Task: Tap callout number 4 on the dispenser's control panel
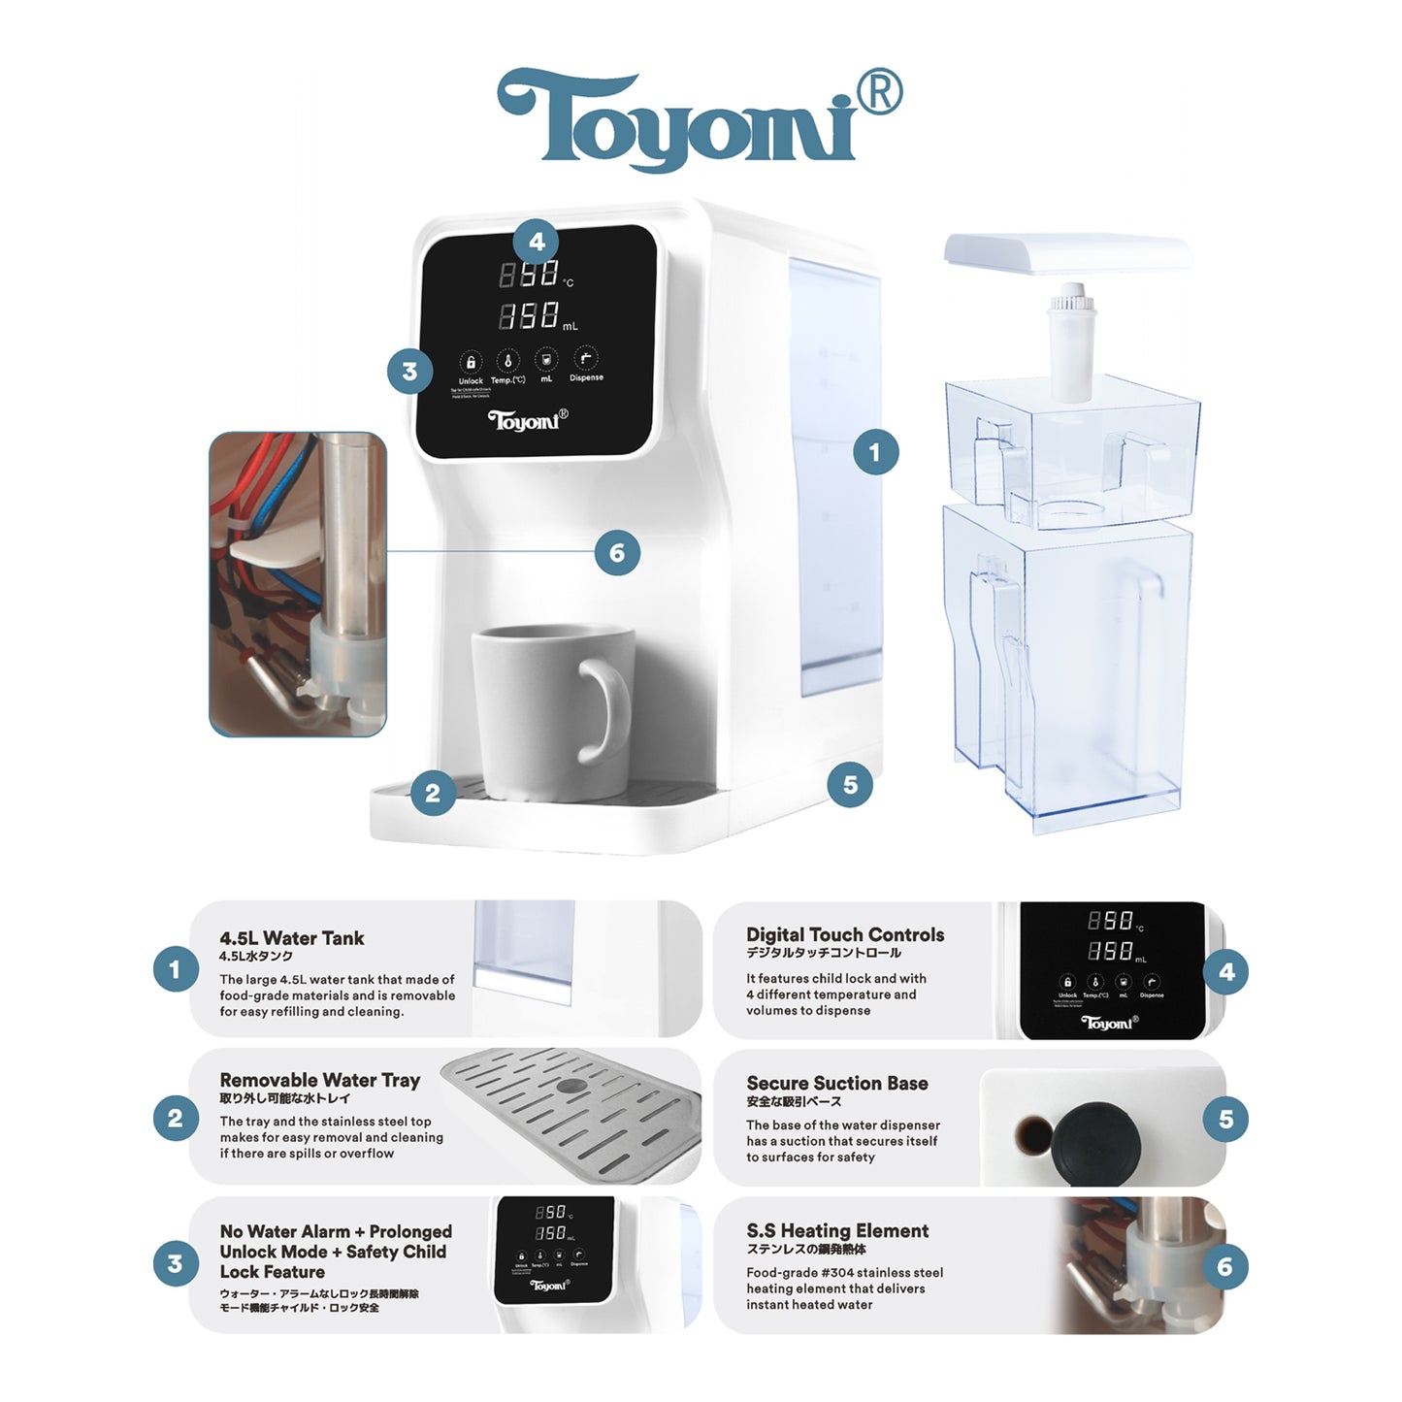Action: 537,242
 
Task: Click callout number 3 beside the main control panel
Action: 409,372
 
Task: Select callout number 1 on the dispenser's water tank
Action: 875,452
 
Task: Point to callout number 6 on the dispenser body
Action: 617,553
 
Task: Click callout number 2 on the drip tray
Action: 433,794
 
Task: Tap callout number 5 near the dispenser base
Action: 850,784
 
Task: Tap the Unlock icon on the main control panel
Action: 471,363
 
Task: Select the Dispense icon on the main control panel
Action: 585,359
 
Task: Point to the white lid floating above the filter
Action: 1067,252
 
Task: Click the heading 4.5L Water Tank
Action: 291,938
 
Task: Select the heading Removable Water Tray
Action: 319,1080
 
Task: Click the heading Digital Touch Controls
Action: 844,934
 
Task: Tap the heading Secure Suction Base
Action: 836,1083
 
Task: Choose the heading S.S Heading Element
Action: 836,1230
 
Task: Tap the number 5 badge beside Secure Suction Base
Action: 1225,1120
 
